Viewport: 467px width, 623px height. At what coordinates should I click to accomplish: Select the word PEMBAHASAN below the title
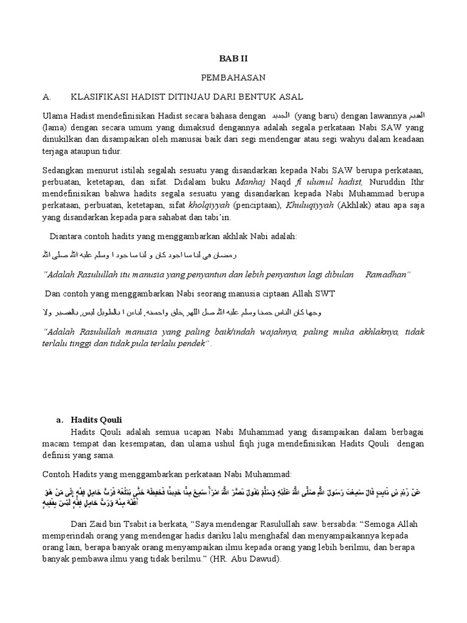[226, 78]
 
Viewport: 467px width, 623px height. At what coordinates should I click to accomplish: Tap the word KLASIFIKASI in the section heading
[100, 97]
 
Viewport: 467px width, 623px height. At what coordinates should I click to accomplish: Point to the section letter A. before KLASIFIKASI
[46, 97]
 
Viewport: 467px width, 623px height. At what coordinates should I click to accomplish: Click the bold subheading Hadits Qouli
[97, 419]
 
